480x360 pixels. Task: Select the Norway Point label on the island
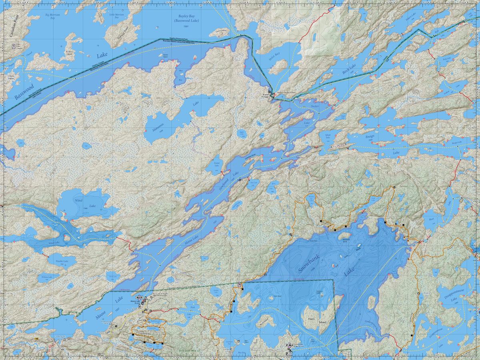pyautogui.click(x=125, y=30)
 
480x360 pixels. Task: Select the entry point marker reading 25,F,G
pyautogui.click(x=139, y=298)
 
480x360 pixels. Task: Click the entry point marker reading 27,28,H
pyautogui.click(x=289, y=345)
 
